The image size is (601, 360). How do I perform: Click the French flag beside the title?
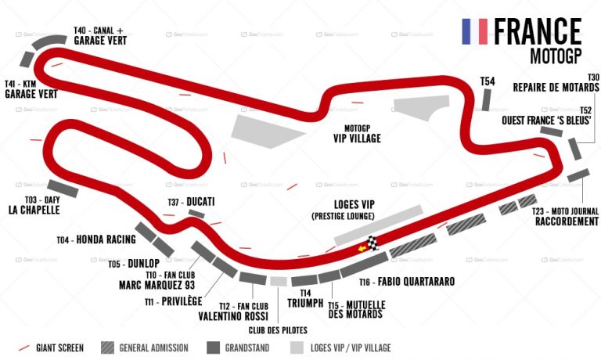point(475,31)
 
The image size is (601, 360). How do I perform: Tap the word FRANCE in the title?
point(537,31)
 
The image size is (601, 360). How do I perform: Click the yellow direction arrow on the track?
point(362,250)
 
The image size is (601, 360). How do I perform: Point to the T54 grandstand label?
point(488,81)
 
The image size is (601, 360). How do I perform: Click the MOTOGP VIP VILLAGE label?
point(356,133)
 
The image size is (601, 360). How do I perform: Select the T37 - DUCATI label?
point(191,201)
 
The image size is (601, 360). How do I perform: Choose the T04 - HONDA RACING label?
point(96,239)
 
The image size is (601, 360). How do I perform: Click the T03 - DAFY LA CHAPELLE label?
point(34,205)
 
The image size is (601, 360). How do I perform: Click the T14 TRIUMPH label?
point(300,297)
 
